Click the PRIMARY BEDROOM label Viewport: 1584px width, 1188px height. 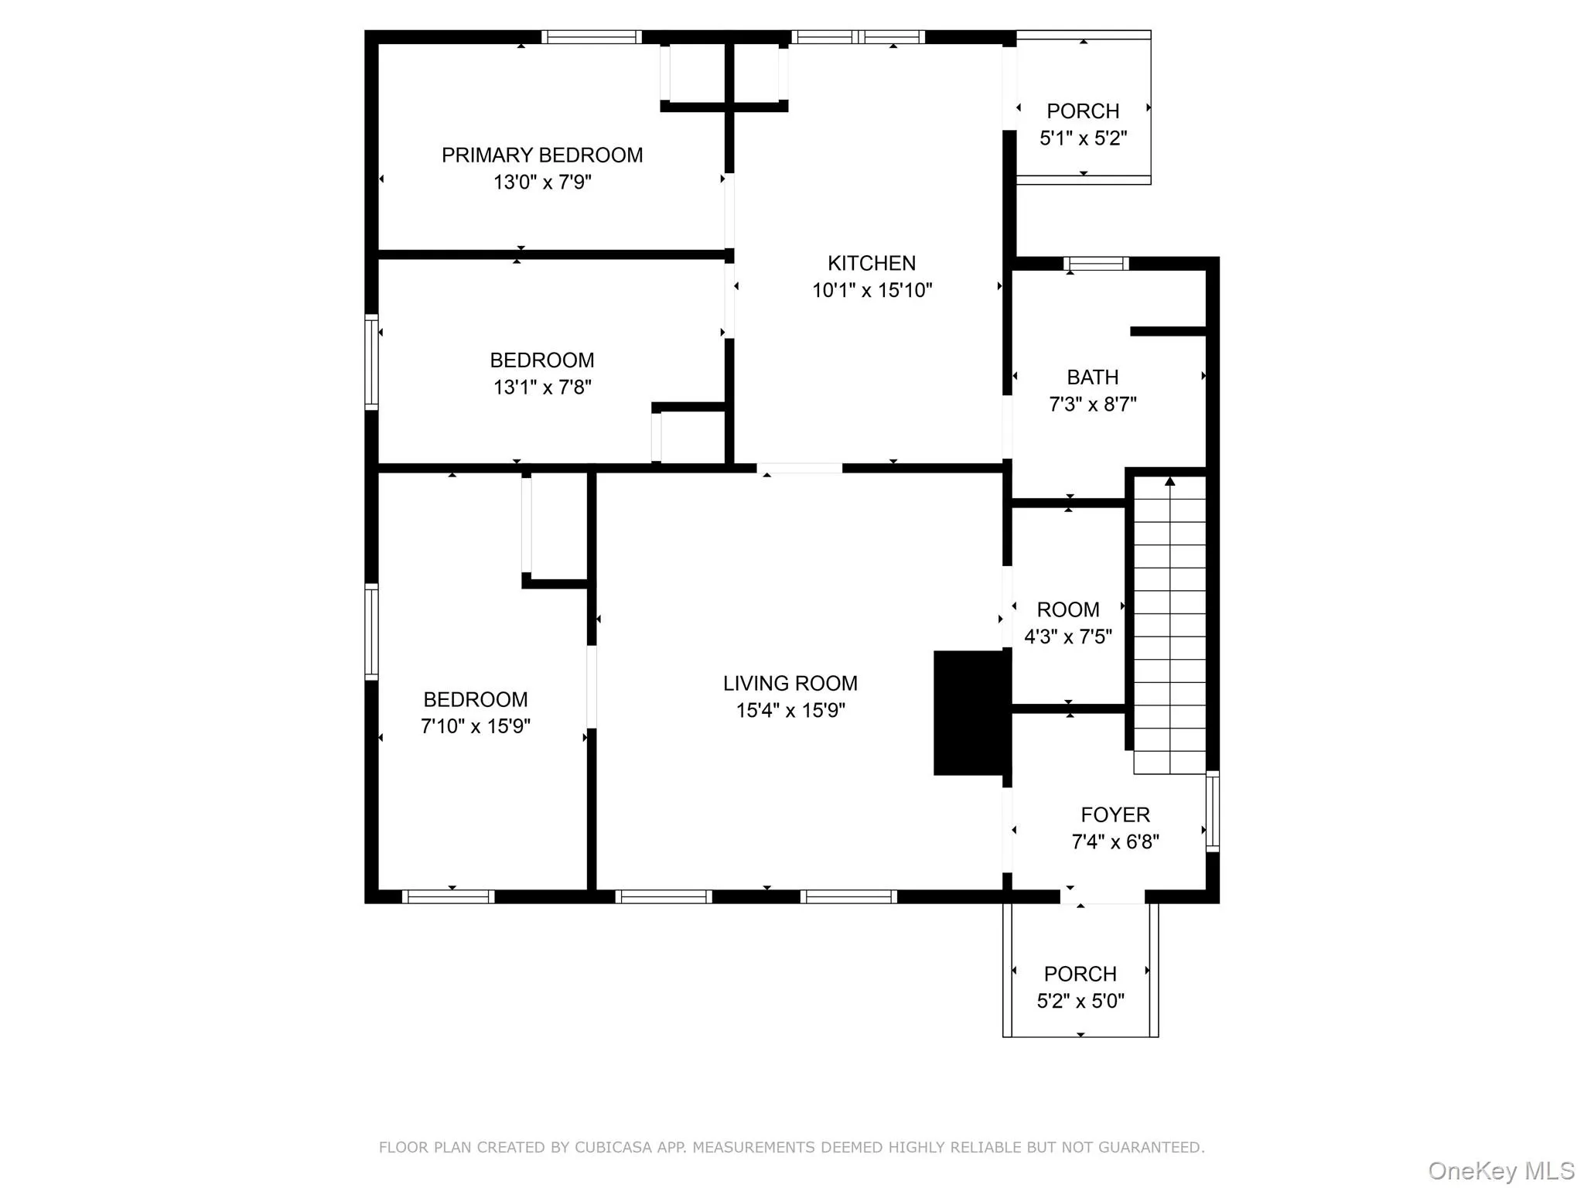(x=541, y=155)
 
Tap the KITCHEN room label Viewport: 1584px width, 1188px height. (x=871, y=264)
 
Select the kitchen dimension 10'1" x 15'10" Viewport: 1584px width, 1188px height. (x=871, y=291)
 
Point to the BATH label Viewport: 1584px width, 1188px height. (x=1092, y=377)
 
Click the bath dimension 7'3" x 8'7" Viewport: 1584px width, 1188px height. (x=1092, y=405)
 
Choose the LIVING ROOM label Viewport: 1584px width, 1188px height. (x=790, y=684)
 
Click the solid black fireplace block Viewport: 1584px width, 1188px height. (x=971, y=712)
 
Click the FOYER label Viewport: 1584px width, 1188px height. (x=1115, y=815)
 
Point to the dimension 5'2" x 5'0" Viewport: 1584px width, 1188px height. (x=1080, y=1002)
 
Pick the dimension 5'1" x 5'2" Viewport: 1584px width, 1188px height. (x=1083, y=138)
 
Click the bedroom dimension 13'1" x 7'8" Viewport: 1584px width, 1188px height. (x=541, y=387)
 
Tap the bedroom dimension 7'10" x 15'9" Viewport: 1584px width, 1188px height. (x=475, y=726)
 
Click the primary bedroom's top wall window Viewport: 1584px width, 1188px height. (x=592, y=36)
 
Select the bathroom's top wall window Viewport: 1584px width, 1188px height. (x=1096, y=264)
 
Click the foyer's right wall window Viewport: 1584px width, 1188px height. (x=1213, y=811)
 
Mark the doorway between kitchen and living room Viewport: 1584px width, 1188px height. (x=799, y=468)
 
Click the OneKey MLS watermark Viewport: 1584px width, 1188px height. (x=1500, y=1171)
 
